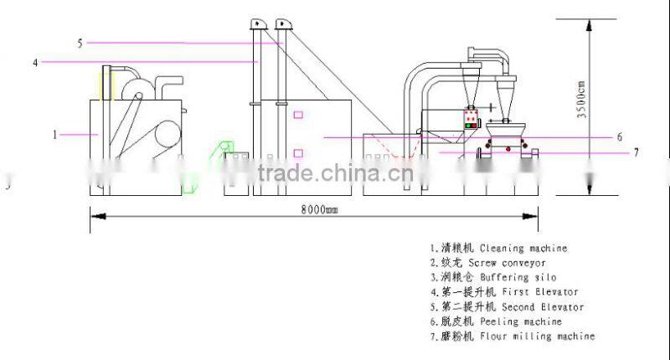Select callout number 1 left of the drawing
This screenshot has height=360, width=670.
pos(55,133)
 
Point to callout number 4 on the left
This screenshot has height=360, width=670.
pos(35,61)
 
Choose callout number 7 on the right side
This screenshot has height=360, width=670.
pos(636,152)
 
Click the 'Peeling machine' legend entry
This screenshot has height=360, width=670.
pos(533,321)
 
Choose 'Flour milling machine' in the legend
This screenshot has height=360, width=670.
pos(549,336)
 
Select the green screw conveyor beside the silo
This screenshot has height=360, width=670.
pos(225,150)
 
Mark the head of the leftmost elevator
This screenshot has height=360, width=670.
pos(259,24)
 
